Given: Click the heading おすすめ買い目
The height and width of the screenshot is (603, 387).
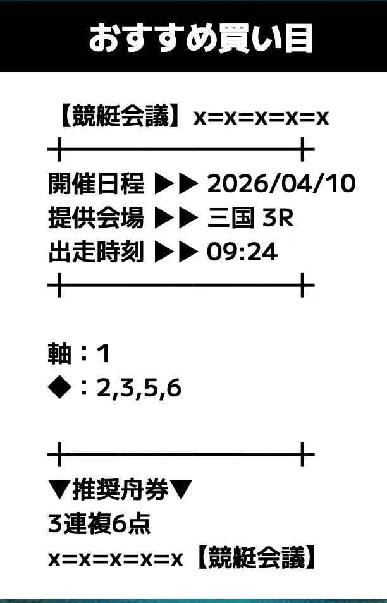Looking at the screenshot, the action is coord(200,39).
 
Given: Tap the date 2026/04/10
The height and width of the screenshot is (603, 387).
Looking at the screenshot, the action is coord(281,183).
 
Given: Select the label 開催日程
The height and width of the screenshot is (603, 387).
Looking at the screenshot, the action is coord(95,183).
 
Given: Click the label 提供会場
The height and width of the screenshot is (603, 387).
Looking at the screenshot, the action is coord(95,217).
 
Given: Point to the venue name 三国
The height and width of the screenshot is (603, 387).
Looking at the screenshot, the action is coord(231,217).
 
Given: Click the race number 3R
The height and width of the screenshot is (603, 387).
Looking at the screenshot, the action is coord(278,218).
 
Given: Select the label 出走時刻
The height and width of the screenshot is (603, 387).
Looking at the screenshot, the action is coord(95,252).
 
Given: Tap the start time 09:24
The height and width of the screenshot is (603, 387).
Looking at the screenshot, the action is coord(242,252).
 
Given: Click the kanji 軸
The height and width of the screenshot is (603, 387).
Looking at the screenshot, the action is coord(59,353).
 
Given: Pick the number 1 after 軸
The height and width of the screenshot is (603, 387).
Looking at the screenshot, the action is coord(104,354).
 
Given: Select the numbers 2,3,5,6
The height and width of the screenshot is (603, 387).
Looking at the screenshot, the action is coord(139,388).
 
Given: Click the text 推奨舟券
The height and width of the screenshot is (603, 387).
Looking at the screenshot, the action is coord(120,490).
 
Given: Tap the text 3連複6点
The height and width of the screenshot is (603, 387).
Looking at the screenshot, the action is coord(99,524).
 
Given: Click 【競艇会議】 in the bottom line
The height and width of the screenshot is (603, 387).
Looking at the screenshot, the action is coord(256,557).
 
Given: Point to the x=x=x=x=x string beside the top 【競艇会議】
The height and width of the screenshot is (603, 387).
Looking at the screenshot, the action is coord(261,118).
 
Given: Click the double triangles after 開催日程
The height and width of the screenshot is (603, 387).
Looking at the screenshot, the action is coord(176,184).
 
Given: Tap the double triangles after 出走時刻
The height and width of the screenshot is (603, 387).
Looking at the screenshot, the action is coord(176,252).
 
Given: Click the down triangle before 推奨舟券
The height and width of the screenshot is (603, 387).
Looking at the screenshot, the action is coord(59,490).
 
